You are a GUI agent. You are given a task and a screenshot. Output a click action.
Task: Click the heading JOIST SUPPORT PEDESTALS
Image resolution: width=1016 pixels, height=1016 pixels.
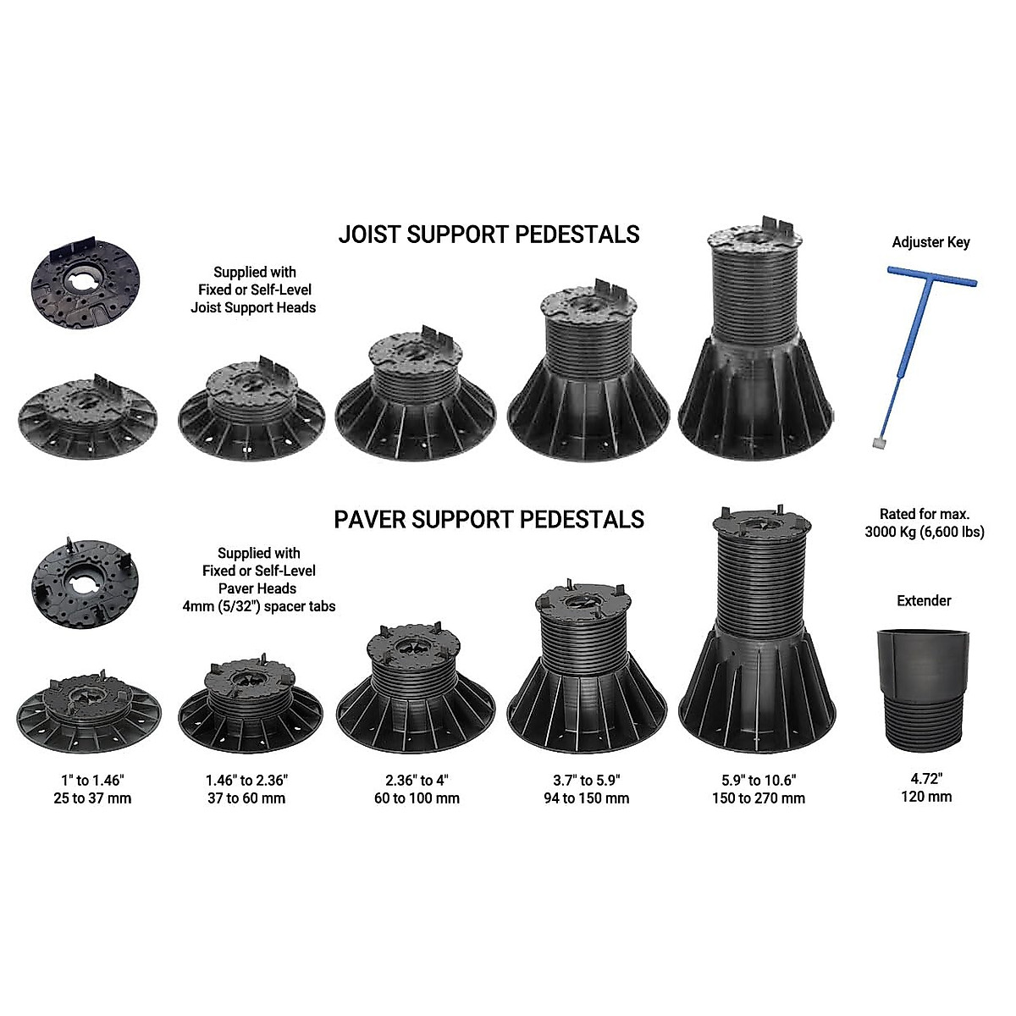tap(489, 234)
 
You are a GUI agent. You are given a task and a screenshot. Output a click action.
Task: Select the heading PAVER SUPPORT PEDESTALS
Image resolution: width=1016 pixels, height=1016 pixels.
tap(489, 519)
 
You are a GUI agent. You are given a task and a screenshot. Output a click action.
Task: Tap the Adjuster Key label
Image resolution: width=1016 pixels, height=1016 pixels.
tap(930, 242)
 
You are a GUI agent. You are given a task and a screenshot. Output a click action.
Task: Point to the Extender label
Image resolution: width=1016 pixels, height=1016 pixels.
tap(924, 600)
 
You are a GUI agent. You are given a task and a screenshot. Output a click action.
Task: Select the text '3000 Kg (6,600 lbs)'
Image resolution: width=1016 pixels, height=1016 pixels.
tap(925, 532)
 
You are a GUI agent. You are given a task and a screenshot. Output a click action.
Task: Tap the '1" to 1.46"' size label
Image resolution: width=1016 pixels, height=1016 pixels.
tap(91, 780)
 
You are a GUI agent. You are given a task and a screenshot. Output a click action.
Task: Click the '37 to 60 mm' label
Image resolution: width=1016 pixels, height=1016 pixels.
tap(246, 798)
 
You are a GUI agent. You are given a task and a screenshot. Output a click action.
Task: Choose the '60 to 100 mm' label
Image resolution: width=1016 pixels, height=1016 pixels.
tap(417, 798)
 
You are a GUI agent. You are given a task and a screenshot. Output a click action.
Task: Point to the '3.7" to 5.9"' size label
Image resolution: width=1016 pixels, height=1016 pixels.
tap(586, 780)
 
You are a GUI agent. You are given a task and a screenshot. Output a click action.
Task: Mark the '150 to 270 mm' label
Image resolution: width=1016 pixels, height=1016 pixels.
tap(758, 798)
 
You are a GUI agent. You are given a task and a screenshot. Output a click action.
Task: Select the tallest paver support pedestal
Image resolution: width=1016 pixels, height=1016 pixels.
tap(758, 627)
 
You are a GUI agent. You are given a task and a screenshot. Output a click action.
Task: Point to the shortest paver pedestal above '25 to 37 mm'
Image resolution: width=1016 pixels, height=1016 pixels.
tap(89, 711)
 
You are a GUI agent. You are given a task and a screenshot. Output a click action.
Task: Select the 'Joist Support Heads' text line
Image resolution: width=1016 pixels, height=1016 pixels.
tap(253, 307)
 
